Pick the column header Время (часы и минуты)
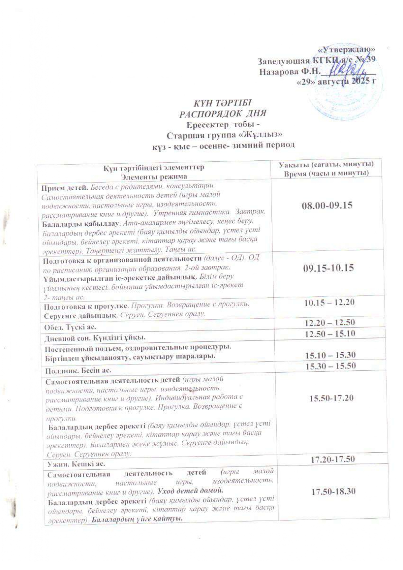[326, 173]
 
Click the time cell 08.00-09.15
[327, 205]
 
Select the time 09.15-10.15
[328, 268]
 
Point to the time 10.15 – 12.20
[330, 302]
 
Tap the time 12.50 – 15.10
[330, 333]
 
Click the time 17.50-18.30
[333, 491]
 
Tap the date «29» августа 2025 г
[336, 82]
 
